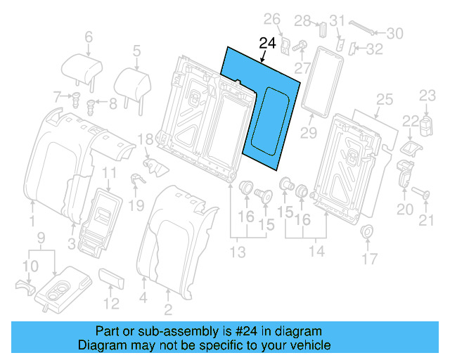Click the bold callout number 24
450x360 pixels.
click(268, 44)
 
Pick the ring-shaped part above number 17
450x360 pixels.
click(366, 233)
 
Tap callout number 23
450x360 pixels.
click(428, 95)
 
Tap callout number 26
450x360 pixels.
click(271, 19)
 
